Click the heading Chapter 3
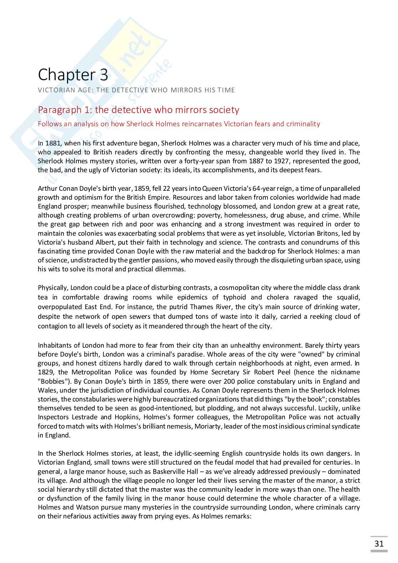tap(73, 75)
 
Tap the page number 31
tap(379, 543)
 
